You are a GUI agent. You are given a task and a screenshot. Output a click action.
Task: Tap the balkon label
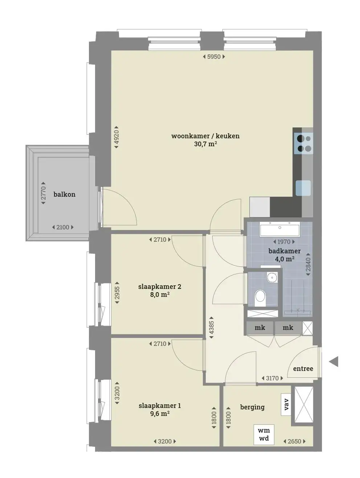point(65,194)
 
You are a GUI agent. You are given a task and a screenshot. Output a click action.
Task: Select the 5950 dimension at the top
point(214,57)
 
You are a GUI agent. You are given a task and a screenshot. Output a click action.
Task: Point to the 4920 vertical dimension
point(116,137)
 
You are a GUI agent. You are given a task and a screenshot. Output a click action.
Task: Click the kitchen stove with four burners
point(304,143)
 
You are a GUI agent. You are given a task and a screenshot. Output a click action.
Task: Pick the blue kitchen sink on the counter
point(303,188)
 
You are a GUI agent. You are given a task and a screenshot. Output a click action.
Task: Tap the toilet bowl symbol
point(260,298)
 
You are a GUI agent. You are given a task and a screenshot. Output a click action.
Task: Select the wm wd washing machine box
point(264,434)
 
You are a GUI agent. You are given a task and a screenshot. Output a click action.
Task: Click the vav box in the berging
point(286,404)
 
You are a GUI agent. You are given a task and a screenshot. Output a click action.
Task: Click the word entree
point(303,369)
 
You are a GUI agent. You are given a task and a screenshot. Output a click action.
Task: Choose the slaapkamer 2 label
point(160,287)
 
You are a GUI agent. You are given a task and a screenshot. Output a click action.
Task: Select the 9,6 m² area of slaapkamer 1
point(160,413)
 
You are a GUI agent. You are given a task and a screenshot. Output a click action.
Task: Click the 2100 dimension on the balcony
point(63,227)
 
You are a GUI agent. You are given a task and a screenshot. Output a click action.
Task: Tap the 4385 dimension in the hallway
point(211,328)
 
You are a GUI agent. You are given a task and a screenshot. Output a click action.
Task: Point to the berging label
point(252,407)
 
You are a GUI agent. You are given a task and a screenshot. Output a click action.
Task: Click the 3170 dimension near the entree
point(272,378)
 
